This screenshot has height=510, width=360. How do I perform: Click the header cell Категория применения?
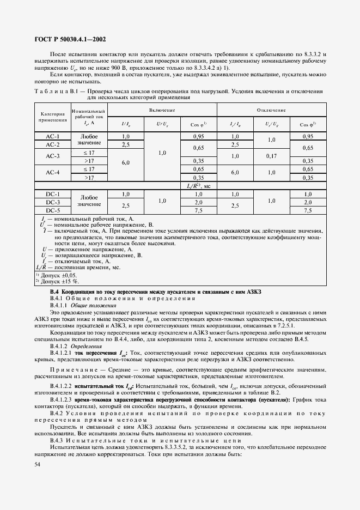pyautogui.click(x=53, y=118)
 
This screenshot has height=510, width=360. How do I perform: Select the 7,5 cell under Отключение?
pyautogui.click(x=307, y=210)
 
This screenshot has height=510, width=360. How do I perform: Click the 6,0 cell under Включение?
pyautogui.click(x=126, y=162)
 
